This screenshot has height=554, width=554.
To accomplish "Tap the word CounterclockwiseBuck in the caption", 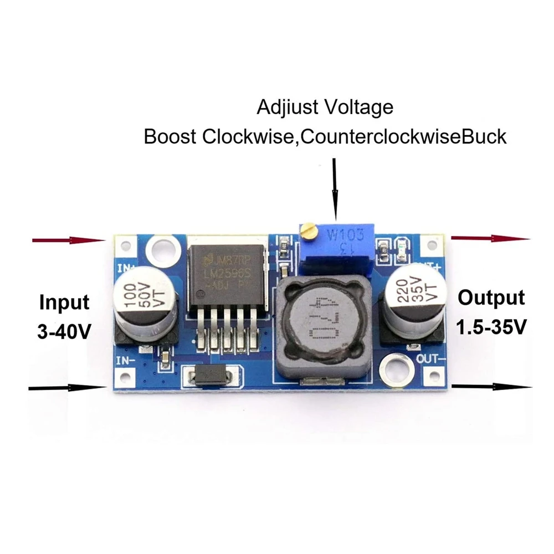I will [403, 136].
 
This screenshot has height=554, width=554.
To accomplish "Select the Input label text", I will [64, 302].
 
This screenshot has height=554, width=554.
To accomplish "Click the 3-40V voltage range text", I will [64, 331].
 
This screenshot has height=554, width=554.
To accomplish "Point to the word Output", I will [491, 298].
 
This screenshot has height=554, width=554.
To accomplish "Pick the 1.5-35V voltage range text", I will [491, 327].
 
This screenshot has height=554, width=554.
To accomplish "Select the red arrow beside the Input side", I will [69, 240].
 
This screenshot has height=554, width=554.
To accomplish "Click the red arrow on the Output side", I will [490, 238].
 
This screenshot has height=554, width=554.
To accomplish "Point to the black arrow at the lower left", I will [66, 387].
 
